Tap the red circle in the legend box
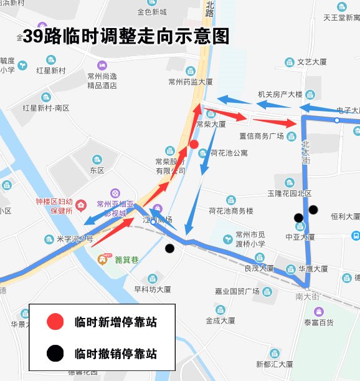[55, 322]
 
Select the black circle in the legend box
[55, 354]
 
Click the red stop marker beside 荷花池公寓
[194, 145]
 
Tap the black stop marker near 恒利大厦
[313, 210]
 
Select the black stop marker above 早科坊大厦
[169, 249]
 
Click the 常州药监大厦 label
[191, 82]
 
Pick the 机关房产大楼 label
[280, 95]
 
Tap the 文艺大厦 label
[311, 62]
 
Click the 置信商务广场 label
[262, 136]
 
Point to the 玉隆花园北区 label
[289, 193]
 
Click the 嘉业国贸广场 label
[237, 291]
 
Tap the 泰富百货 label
[318, 322]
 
